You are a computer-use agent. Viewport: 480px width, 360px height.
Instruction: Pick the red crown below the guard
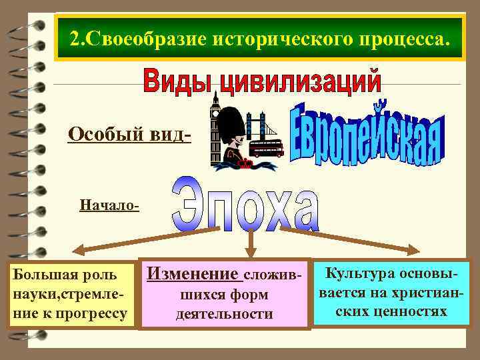[247, 163]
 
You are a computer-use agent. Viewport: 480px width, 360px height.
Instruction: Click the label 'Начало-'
[109, 205]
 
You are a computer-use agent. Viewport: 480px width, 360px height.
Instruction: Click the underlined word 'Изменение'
[192, 273]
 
